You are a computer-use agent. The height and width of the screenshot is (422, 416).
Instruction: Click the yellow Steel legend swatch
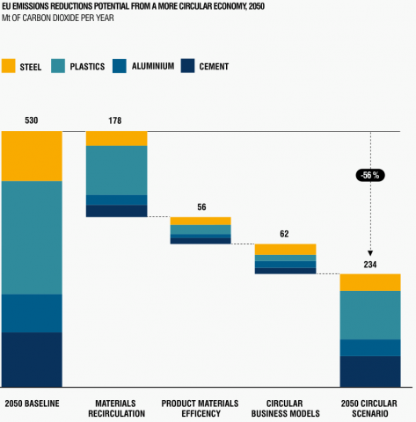point(11,65)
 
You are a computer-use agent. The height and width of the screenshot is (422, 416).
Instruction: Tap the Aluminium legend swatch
point(120,65)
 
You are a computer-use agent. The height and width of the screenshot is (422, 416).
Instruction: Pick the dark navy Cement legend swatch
point(187,65)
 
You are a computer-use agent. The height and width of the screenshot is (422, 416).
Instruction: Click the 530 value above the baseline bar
point(32,120)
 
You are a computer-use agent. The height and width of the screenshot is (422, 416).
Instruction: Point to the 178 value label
point(116,120)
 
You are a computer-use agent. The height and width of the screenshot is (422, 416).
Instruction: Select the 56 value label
point(201,207)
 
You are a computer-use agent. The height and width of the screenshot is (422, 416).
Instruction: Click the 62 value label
point(285,234)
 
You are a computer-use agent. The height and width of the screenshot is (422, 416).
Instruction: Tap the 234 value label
point(369,264)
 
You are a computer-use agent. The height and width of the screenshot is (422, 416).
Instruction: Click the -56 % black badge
point(370,175)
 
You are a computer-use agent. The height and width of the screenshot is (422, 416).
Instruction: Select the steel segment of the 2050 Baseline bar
point(32,156)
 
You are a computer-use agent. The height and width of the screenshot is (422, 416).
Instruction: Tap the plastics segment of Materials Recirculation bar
point(116,170)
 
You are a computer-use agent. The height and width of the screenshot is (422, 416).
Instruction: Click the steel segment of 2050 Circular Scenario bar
point(369,282)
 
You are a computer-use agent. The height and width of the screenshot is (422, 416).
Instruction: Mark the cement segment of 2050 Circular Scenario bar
point(369,371)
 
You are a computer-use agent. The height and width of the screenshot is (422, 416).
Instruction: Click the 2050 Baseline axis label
point(32,404)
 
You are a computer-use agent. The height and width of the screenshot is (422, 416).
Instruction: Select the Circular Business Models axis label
point(285,408)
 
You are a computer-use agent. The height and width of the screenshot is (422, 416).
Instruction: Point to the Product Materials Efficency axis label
point(201,408)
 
